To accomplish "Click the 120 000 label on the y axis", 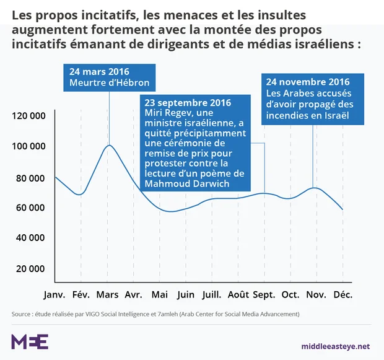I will pos(28,116).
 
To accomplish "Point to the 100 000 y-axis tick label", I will pos(28,146).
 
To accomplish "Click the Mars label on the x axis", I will pos(108,293).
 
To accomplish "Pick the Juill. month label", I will pos(212,293).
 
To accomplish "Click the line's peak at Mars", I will pos(109,145).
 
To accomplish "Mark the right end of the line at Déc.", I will pos(343,209).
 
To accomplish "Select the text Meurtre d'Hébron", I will pos(109,84).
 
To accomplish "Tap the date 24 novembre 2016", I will pos(308,82).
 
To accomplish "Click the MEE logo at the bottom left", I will pos(30,341).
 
